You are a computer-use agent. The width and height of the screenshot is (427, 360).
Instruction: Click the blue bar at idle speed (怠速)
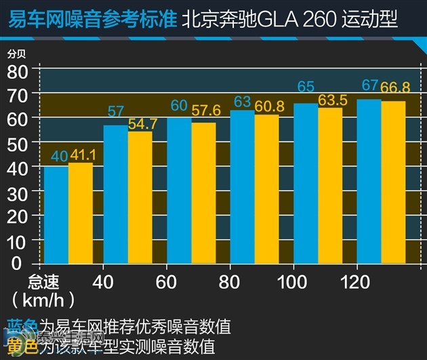(56, 215)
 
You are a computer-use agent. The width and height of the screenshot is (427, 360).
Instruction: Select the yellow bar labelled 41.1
(81, 213)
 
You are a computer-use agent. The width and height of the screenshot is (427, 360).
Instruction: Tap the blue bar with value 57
(115, 195)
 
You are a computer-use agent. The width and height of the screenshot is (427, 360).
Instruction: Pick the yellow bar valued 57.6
(203, 193)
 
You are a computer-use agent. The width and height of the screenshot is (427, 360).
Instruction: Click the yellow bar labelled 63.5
(330, 186)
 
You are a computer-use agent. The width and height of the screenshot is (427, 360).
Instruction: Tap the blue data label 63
(242, 102)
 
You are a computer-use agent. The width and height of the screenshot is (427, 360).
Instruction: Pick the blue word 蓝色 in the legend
(20, 327)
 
